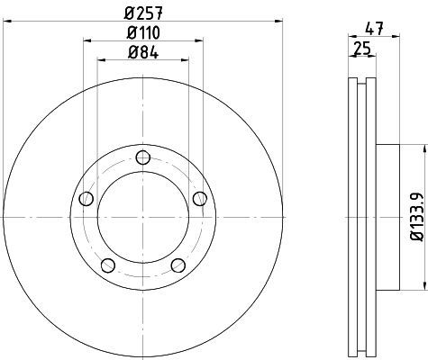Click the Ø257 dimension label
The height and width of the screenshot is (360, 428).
143,13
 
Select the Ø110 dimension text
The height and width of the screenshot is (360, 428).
143,32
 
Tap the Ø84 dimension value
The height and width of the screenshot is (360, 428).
143,53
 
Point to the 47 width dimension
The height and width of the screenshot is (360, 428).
374,29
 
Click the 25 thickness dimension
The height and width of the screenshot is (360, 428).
362,48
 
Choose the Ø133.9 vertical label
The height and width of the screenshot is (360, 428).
417,217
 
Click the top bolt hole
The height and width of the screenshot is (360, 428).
143,157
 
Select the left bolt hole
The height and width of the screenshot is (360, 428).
87,199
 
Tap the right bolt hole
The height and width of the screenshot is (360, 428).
200,199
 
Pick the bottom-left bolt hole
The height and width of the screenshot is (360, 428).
108,265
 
